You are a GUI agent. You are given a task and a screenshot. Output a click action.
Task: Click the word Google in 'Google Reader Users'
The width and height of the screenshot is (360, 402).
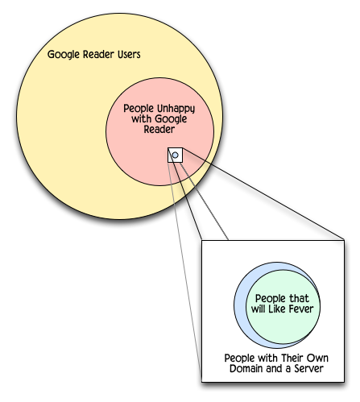click(64, 55)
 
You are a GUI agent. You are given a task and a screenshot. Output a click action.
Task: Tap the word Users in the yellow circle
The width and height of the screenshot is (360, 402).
click(129, 54)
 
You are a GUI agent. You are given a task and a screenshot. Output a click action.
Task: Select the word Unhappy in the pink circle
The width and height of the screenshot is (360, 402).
click(176, 109)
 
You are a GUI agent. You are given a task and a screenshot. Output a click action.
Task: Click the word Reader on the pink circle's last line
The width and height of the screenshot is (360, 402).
click(159, 129)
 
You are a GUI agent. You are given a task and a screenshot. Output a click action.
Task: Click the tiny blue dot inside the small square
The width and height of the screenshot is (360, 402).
click(175, 155)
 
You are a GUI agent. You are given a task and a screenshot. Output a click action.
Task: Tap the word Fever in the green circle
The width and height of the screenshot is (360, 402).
click(301, 309)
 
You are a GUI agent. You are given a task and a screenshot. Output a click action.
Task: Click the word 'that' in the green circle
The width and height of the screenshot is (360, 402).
click(299, 298)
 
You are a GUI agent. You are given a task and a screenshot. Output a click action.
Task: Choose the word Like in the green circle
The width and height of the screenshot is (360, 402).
click(277, 309)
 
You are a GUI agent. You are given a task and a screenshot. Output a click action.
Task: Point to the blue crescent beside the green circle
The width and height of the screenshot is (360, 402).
click(241, 306)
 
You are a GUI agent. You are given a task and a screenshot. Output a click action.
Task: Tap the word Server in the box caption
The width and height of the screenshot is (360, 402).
click(308, 368)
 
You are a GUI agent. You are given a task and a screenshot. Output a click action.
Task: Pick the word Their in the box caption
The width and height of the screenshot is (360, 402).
click(292, 358)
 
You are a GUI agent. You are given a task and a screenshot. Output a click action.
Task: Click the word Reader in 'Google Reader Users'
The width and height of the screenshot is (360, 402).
click(98, 54)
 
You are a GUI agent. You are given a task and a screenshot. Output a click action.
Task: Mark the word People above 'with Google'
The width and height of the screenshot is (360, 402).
click(139, 109)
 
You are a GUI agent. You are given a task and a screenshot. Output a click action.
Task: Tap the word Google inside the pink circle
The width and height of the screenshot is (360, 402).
click(171, 119)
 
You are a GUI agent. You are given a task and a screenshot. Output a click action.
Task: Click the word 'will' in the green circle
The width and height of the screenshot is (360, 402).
click(259, 309)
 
